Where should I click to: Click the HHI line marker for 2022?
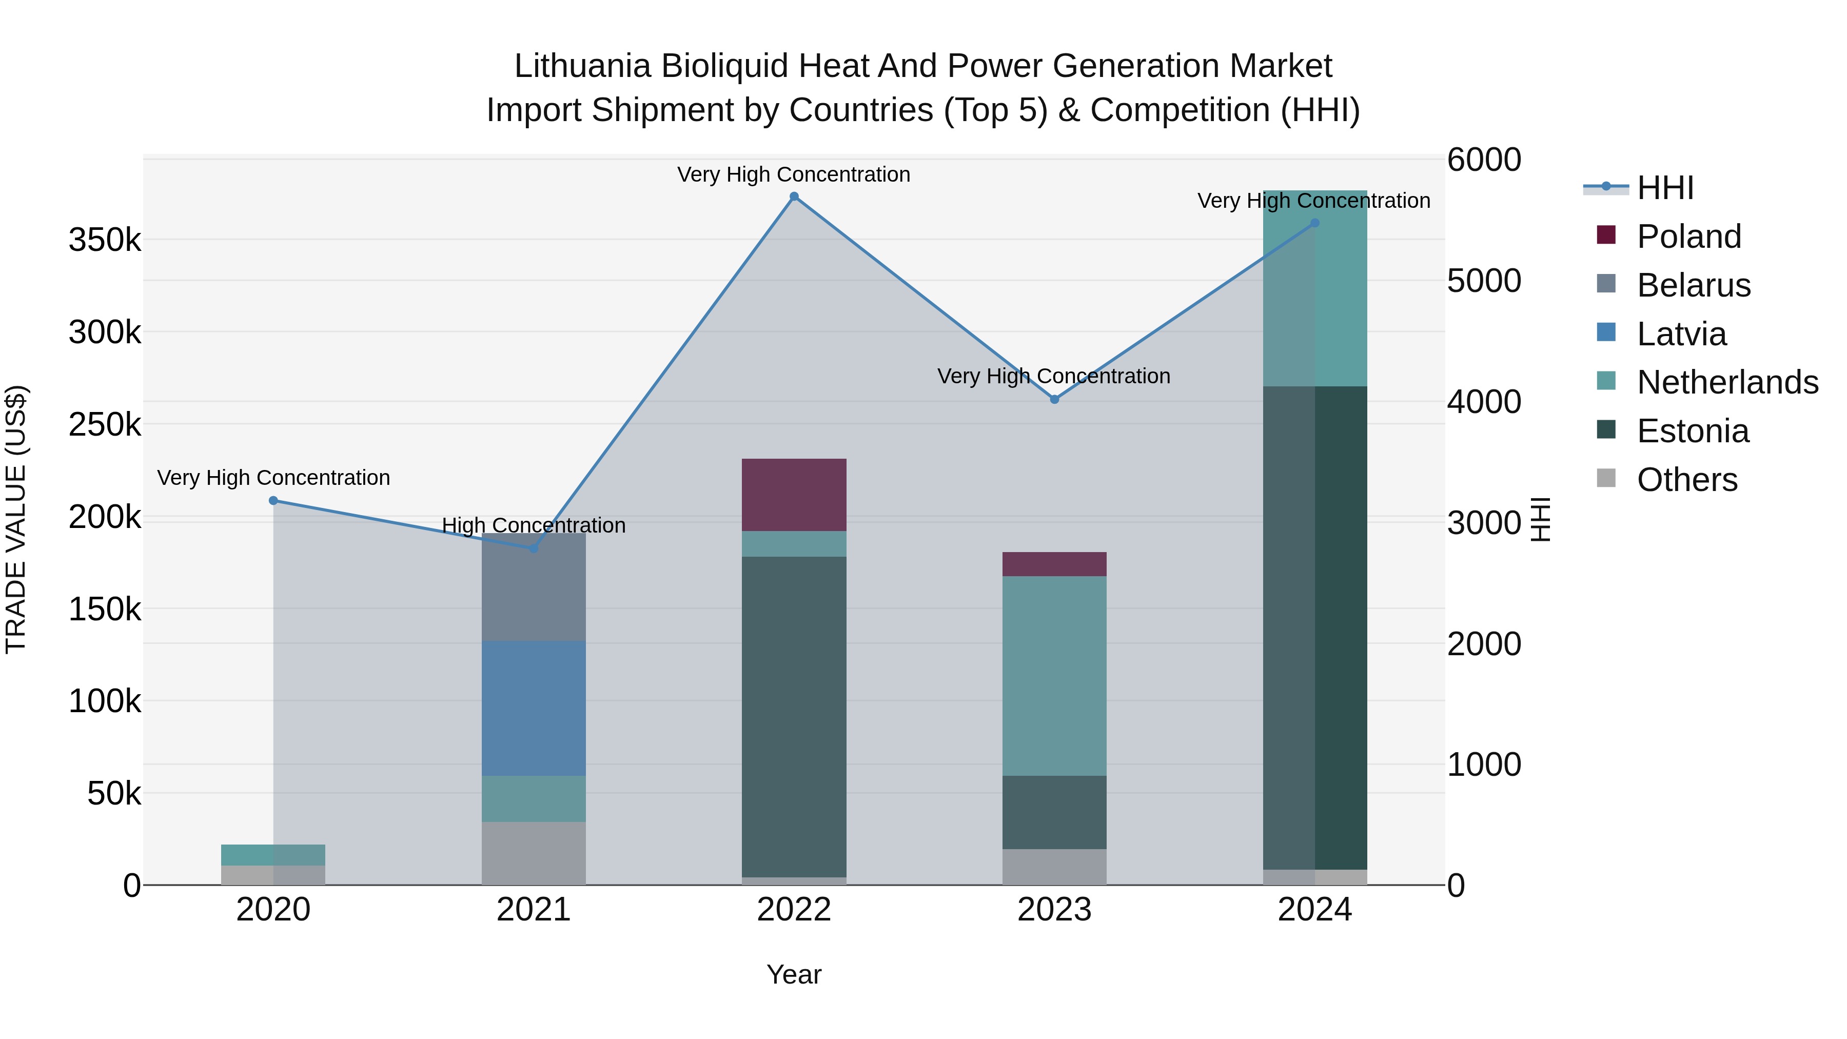pyautogui.click(x=794, y=197)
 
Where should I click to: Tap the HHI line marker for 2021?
pyautogui.click(x=534, y=548)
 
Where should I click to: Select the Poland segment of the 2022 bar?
pyautogui.click(x=794, y=495)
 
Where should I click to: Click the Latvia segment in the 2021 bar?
pyautogui.click(x=534, y=709)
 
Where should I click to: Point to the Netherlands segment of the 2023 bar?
pyautogui.click(x=1054, y=675)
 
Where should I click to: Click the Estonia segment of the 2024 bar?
pyautogui.click(x=1315, y=628)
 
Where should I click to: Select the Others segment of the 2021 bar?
pyautogui.click(x=534, y=853)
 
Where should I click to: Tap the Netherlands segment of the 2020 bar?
pyautogui.click(x=273, y=855)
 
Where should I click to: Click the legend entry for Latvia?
pyautogui.click(x=1681, y=334)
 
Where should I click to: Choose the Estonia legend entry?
pyautogui.click(x=1692, y=431)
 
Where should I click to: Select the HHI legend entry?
pyautogui.click(x=1665, y=188)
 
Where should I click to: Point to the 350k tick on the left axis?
pyautogui.click(x=105, y=240)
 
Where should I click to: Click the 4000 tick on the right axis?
pyautogui.click(x=1483, y=402)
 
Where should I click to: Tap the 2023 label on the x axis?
pyautogui.click(x=1054, y=910)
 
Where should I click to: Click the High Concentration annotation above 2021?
pyautogui.click(x=534, y=525)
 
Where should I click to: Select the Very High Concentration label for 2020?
pyautogui.click(x=273, y=478)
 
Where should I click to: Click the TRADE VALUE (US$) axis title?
pyautogui.click(x=16, y=519)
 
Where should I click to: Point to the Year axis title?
pyautogui.click(x=794, y=974)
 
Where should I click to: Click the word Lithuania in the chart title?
pyautogui.click(x=582, y=66)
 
